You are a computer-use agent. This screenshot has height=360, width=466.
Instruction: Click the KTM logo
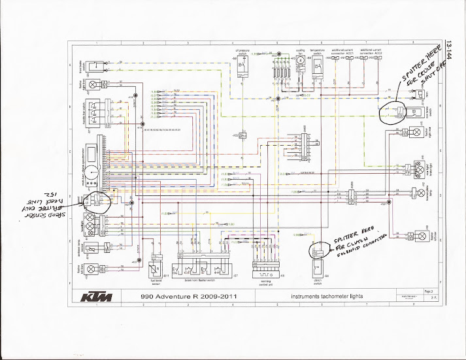(x=96, y=298)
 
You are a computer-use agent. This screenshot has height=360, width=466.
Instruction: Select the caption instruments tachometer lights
(x=327, y=297)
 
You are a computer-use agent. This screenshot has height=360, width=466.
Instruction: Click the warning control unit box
(x=265, y=269)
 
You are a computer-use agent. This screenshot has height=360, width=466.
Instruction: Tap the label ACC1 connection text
(x=347, y=50)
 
